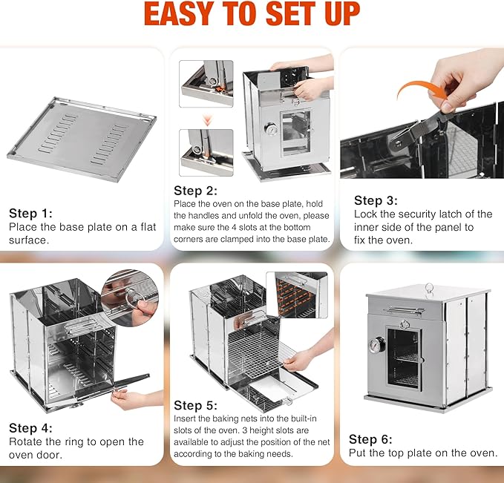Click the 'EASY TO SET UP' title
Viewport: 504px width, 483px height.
252,14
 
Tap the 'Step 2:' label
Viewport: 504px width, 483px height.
196,191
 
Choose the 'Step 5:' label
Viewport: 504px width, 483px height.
196,405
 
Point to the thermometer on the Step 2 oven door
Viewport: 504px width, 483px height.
273,128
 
